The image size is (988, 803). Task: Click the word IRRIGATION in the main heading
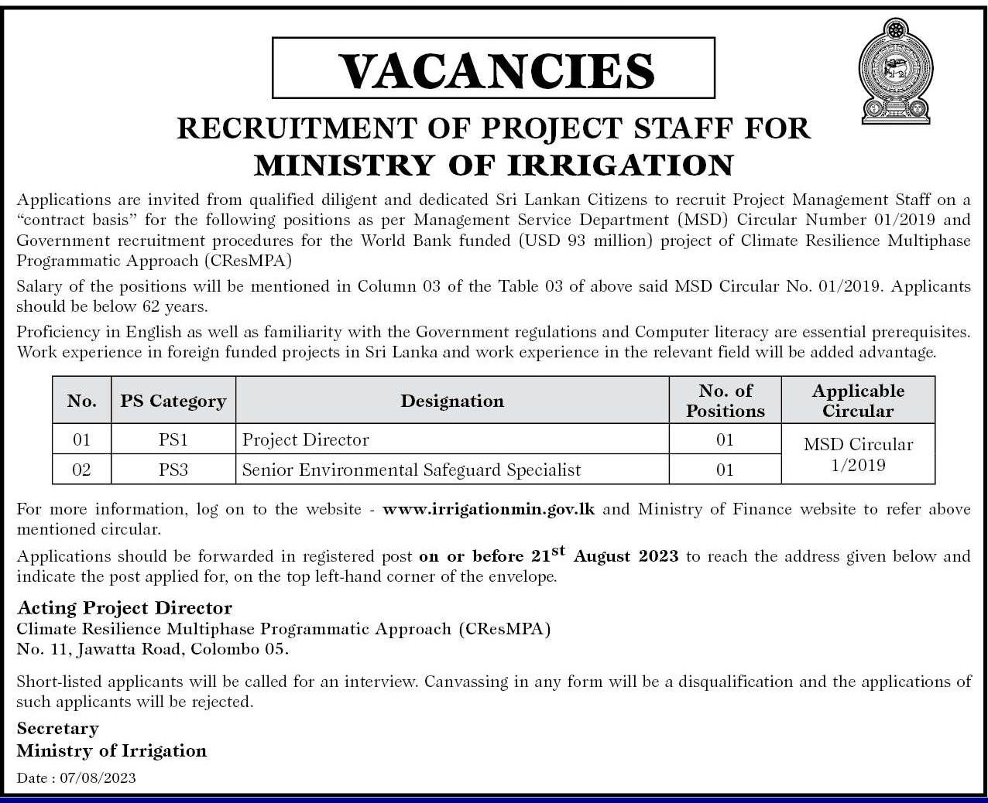(x=619, y=165)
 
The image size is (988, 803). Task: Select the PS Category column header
(x=173, y=401)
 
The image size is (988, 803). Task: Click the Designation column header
(x=452, y=401)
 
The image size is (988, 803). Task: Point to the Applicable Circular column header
(x=858, y=401)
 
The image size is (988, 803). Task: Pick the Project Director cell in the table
(x=306, y=439)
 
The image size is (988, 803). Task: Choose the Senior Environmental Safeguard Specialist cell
(x=411, y=469)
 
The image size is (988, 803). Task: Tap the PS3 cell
(x=173, y=469)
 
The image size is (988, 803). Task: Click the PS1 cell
(x=173, y=439)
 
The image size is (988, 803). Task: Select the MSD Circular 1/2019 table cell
(x=858, y=454)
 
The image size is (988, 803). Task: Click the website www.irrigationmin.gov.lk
(x=489, y=509)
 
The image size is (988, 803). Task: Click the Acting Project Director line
(x=125, y=607)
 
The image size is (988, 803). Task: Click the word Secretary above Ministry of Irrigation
(x=58, y=728)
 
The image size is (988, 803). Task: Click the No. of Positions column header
(x=725, y=401)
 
